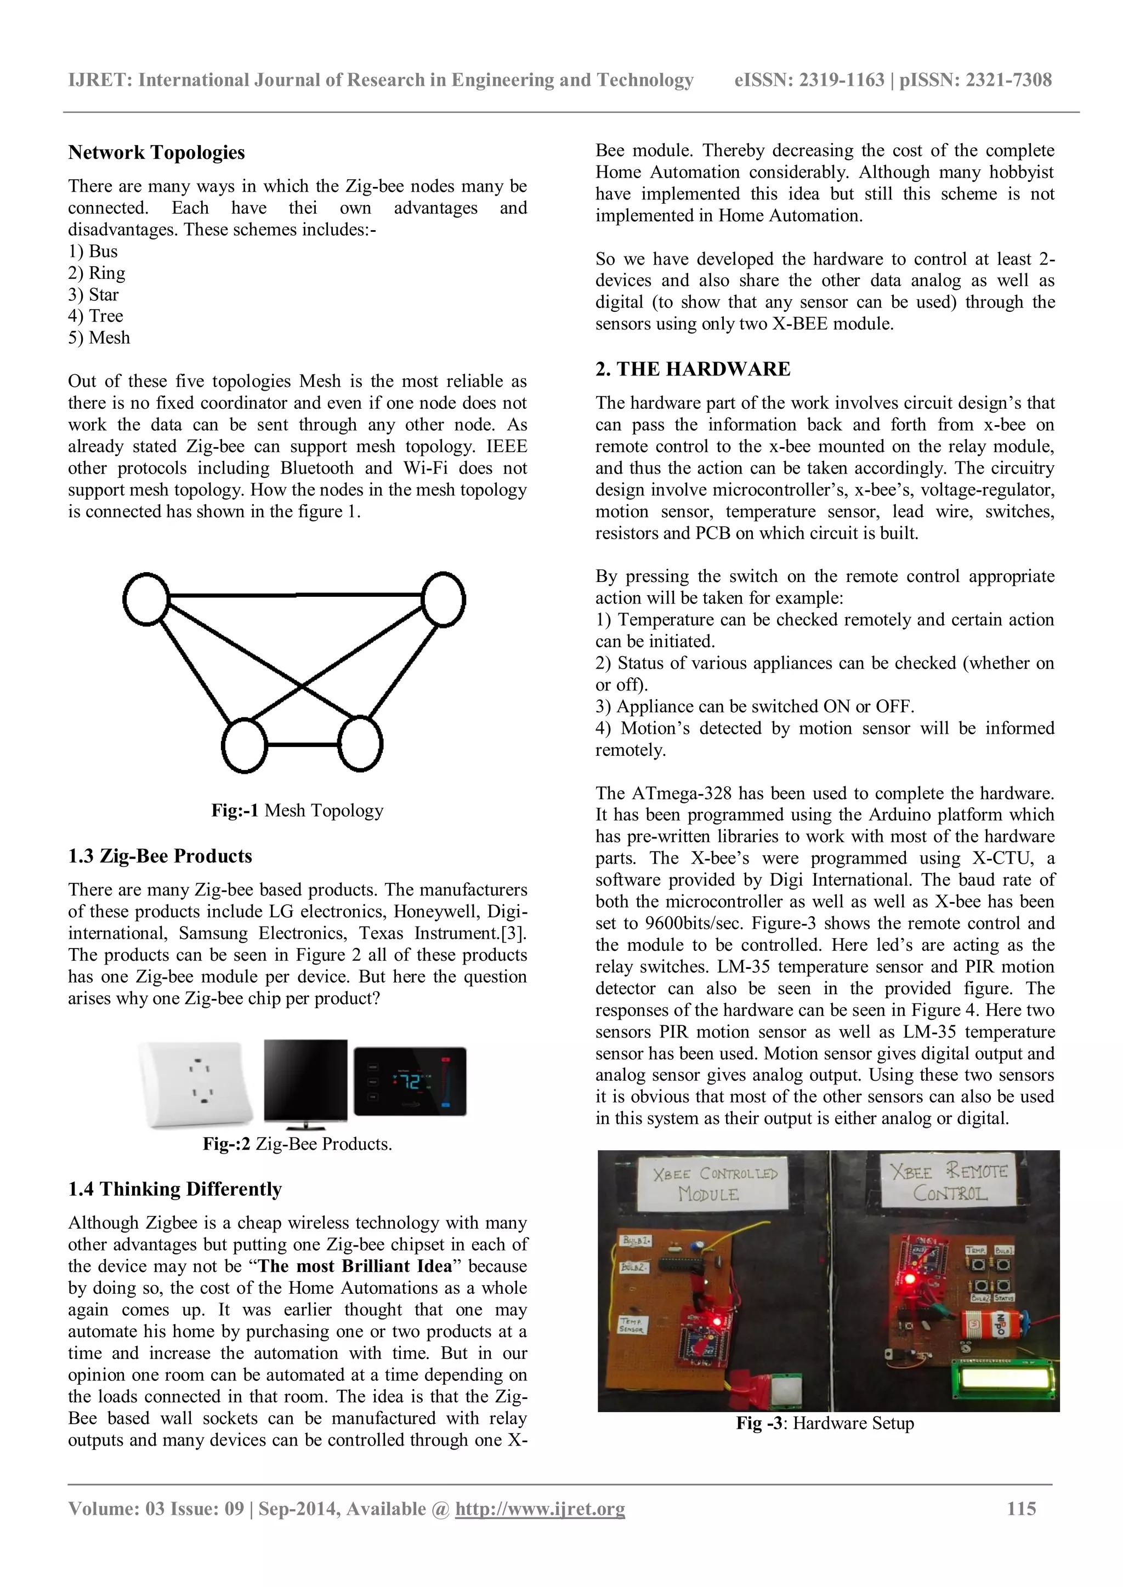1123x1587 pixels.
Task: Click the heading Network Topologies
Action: click(156, 153)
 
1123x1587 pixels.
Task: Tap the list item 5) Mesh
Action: click(99, 338)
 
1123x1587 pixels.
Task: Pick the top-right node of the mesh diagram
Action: click(443, 600)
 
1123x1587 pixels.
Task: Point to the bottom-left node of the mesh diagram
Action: click(244, 745)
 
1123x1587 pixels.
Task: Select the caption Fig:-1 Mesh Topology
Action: click(297, 810)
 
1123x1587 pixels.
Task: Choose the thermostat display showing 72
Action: click(410, 1081)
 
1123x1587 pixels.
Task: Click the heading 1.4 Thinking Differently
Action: click(175, 1189)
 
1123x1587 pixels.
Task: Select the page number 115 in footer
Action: click(1022, 1508)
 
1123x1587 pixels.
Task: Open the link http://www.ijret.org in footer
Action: click(540, 1509)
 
